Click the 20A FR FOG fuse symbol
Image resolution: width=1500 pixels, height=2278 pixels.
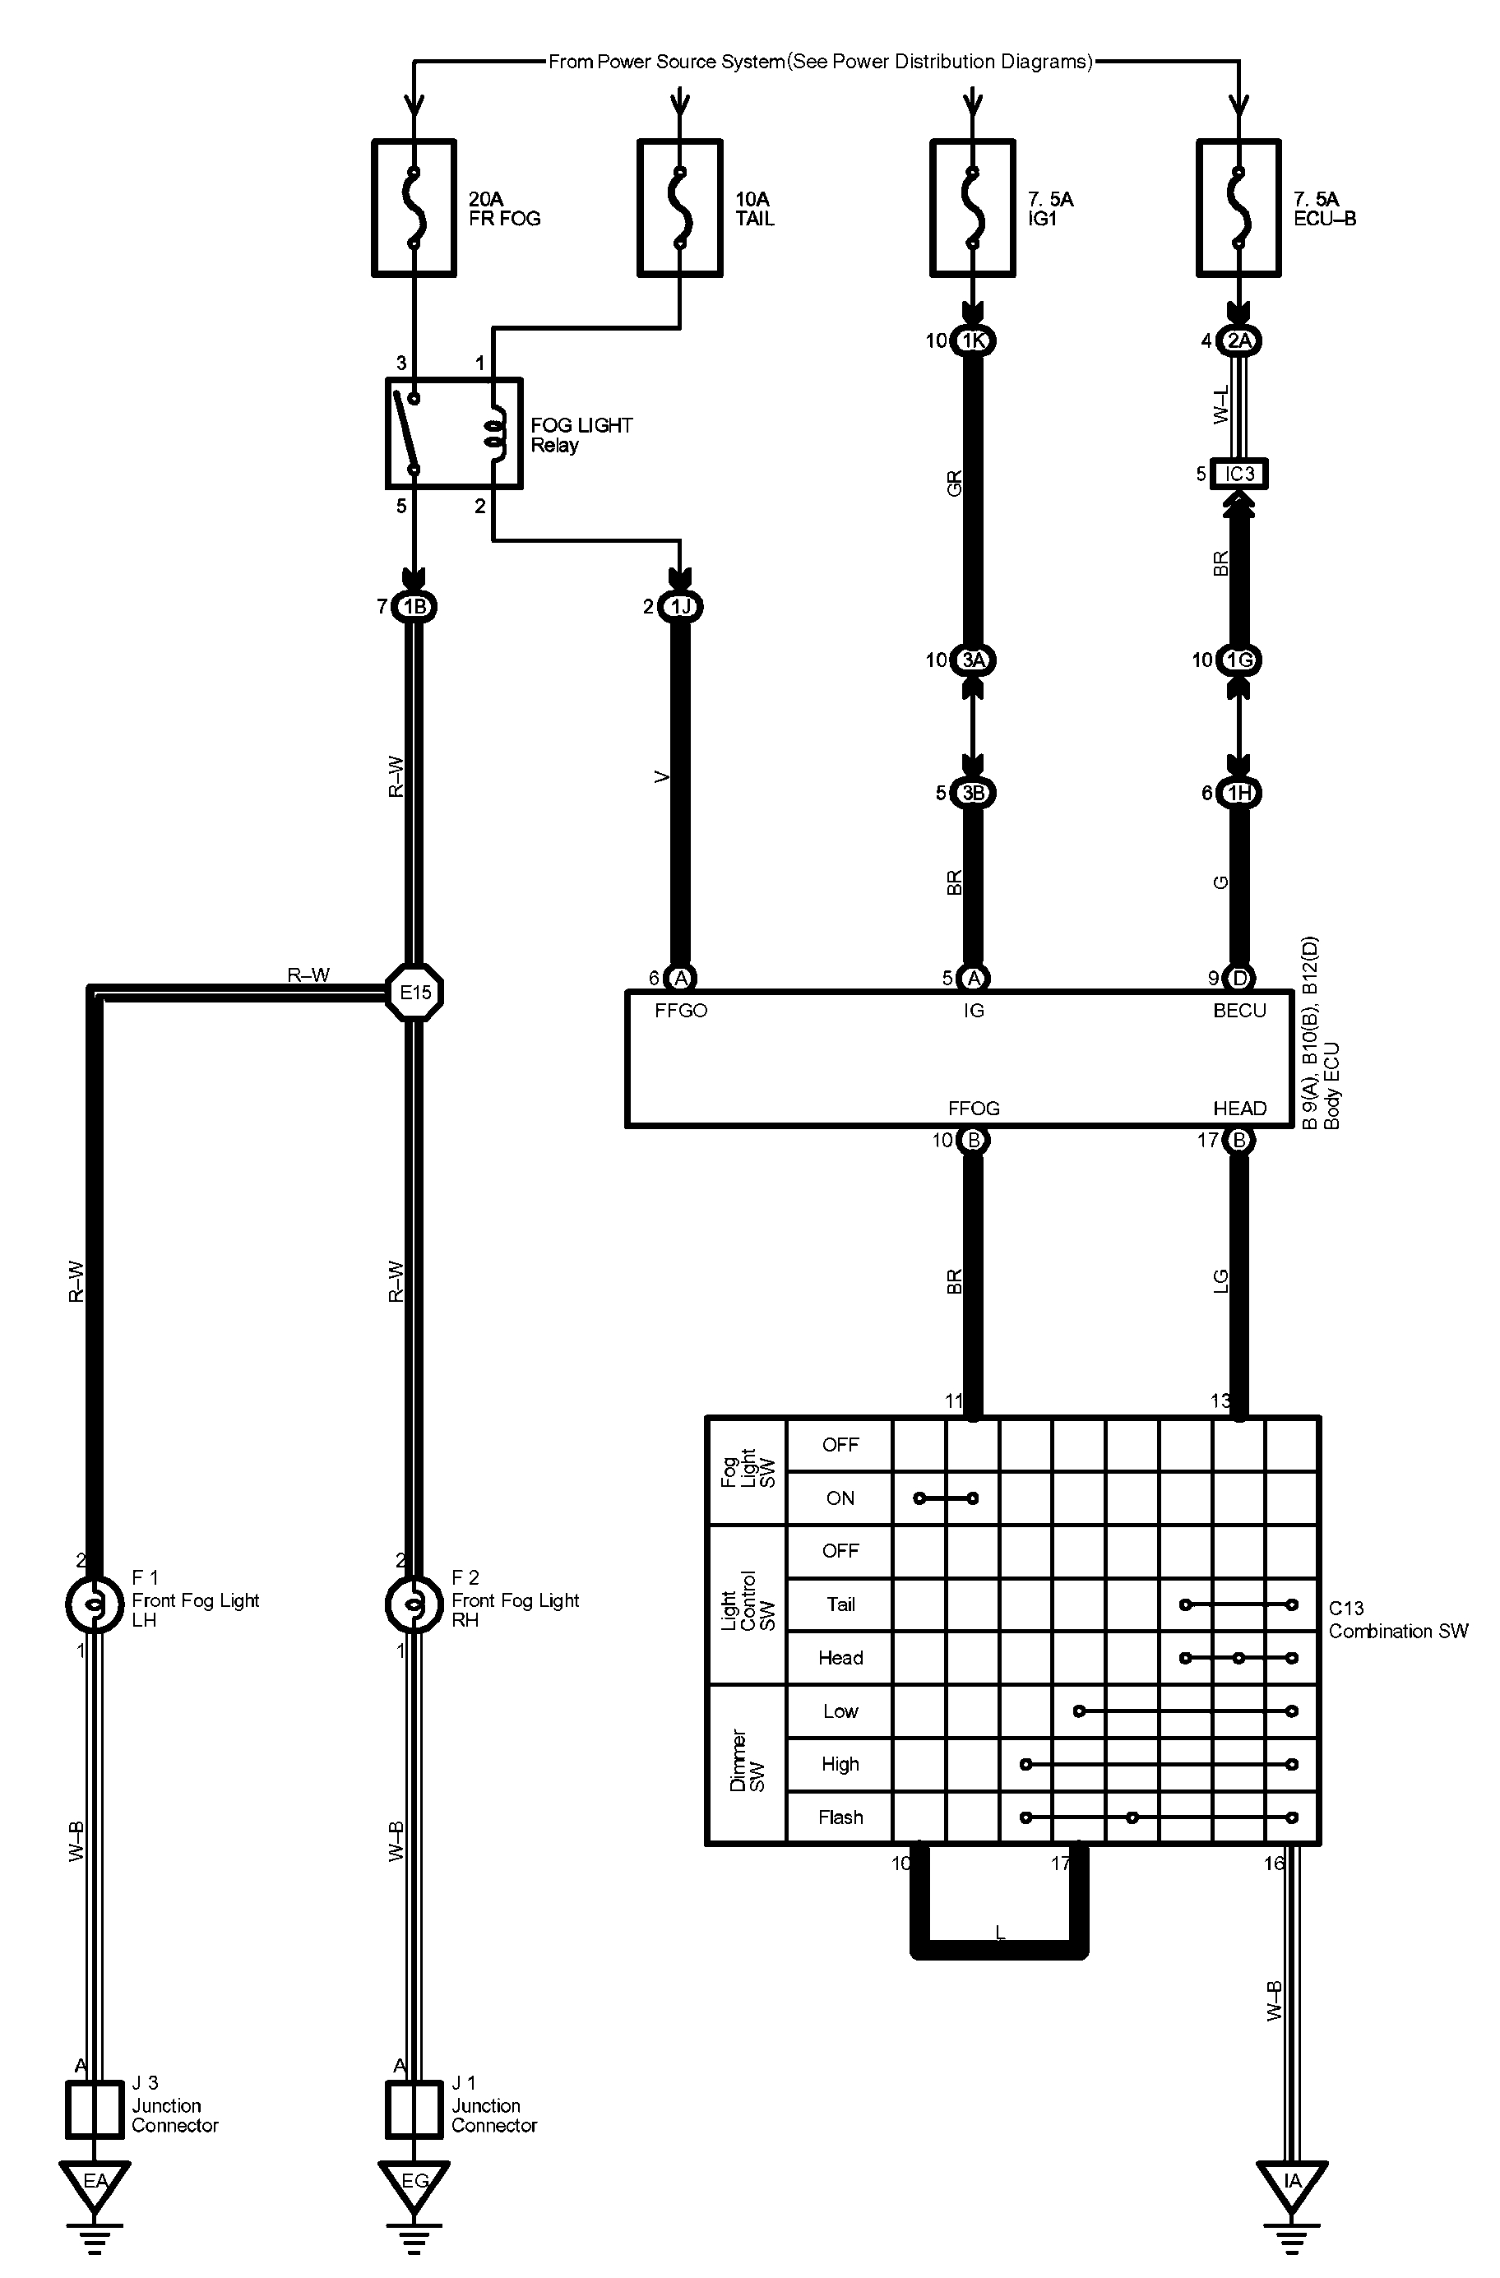click(x=414, y=208)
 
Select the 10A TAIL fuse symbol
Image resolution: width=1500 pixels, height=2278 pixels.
click(x=679, y=208)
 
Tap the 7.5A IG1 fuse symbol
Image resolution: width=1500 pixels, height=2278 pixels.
click(x=973, y=208)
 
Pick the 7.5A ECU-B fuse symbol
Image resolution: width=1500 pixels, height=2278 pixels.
click(x=1238, y=208)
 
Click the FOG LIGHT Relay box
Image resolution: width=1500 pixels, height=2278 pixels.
click(x=454, y=433)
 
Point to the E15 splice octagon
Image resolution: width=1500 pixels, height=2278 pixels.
click(x=414, y=993)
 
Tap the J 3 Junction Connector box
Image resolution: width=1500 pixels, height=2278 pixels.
click(x=94, y=2109)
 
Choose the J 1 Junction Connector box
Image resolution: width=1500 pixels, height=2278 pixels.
click(x=414, y=2109)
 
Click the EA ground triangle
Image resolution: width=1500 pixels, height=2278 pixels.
click(x=94, y=2181)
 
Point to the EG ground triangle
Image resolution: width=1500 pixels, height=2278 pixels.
click(x=414, y=2181)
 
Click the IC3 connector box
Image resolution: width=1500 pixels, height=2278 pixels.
click(x=1239, y=474)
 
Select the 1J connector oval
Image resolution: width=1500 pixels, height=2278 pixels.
click(x=679, y=607)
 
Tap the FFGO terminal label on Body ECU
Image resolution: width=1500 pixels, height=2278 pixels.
click(x=681, y=1011)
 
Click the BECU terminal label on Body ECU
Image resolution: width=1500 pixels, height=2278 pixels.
click(x=1238, y=1011)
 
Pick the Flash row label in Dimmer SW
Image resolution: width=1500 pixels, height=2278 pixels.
click(x=840, y=1817)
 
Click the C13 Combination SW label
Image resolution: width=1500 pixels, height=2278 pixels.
click(x=1396, y=1619)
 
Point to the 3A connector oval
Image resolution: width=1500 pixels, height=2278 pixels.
click(x=973, y=660)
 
